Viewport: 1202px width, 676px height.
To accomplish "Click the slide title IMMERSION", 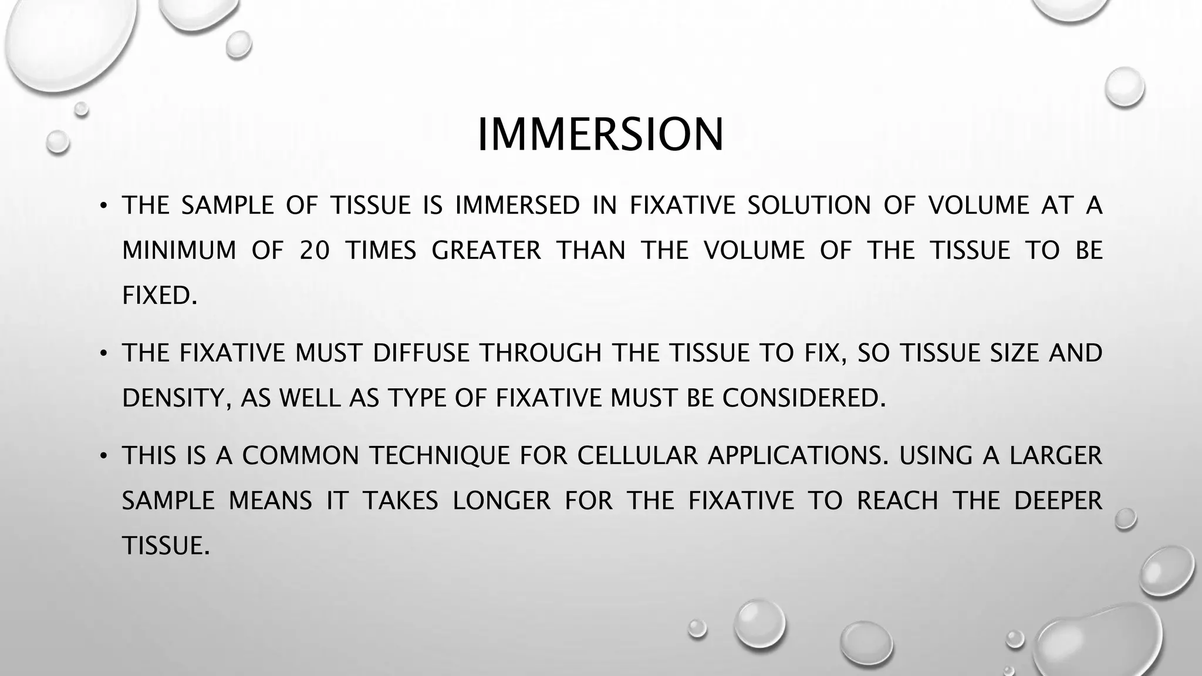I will (x=600, y=135).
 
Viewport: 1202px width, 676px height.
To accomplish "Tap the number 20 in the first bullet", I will (x=315, y=251).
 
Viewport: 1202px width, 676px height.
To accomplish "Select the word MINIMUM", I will (x=179, y=251).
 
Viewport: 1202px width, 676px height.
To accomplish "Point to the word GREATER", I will (x=486, y=251).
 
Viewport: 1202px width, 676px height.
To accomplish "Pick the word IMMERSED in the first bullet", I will (x=517, y=205).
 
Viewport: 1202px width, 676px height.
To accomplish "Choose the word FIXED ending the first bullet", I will (x=159, y=295).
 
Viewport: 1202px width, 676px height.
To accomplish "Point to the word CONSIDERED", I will (x=803, y=398).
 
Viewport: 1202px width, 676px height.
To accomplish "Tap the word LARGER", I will (x=1055, y=456).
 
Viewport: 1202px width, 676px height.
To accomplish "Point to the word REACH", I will (x=897, y=501).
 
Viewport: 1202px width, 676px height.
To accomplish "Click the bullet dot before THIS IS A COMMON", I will (x=103, y=456).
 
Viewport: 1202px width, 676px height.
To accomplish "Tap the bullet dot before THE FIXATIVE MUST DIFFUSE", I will (x=103, y=353).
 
